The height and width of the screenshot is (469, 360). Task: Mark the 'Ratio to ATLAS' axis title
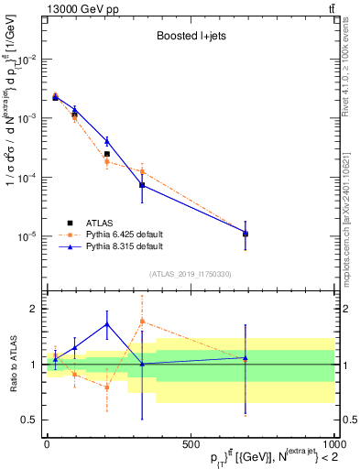(11, 364)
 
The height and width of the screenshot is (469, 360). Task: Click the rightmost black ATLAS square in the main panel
(245, 234)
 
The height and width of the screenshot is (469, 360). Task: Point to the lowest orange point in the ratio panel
(107, 387)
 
